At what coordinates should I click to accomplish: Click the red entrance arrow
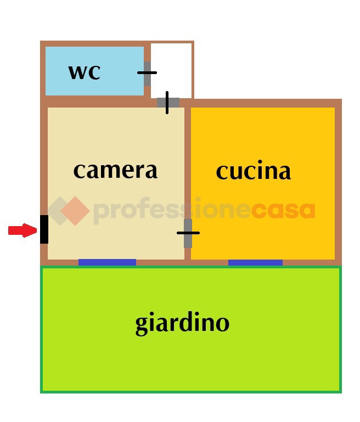(x=22, y=230)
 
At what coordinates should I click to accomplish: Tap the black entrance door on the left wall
(x=44, y=229)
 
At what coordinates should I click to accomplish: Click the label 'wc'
(x=85, y=72)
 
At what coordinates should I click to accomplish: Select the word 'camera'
(x=115, y=171)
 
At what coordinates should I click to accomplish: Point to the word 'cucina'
(x=254, y=171)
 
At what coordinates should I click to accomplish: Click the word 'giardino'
(x=182, y=323)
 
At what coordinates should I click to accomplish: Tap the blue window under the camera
(x=107, y=262)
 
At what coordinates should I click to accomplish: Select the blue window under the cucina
(x=255, y=262)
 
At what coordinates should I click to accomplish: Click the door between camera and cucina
(x=188, y=233)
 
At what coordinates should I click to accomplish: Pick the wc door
(x=147, y=74)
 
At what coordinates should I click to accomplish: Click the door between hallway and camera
(x=168, y=103)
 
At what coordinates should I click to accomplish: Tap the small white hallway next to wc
(x=171, y=70)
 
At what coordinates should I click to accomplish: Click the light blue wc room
(x=94, y=71)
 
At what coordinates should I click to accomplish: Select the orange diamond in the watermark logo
(x=75, y=211)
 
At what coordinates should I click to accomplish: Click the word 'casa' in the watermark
(x=283, y=211)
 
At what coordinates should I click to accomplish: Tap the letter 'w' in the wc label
(x=78, y=72)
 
